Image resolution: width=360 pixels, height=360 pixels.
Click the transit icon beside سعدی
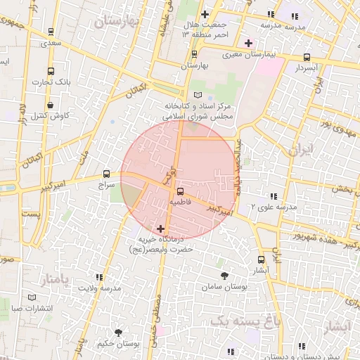[51, 32]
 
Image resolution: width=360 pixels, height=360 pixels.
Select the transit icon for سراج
[107, 173]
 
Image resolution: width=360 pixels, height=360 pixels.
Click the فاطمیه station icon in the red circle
[181, 191]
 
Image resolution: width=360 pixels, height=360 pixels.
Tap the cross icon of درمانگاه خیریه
[162, 229]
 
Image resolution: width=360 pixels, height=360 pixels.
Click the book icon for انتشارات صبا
[30, 297]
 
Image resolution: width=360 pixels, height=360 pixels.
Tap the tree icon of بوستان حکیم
[117, 333]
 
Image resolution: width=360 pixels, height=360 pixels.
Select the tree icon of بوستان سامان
[224, 276]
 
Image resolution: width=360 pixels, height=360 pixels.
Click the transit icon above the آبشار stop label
[262, 259]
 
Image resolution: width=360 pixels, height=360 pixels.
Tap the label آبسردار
[307, 68]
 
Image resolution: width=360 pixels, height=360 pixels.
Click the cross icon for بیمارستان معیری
[248, 43]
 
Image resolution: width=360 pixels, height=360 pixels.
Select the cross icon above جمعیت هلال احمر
[205, 14]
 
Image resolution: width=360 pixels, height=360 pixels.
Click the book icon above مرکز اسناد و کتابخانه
[198, 95]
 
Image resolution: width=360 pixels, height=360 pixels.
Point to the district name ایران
[299, 150]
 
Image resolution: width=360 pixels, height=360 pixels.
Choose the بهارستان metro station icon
[195, 54]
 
